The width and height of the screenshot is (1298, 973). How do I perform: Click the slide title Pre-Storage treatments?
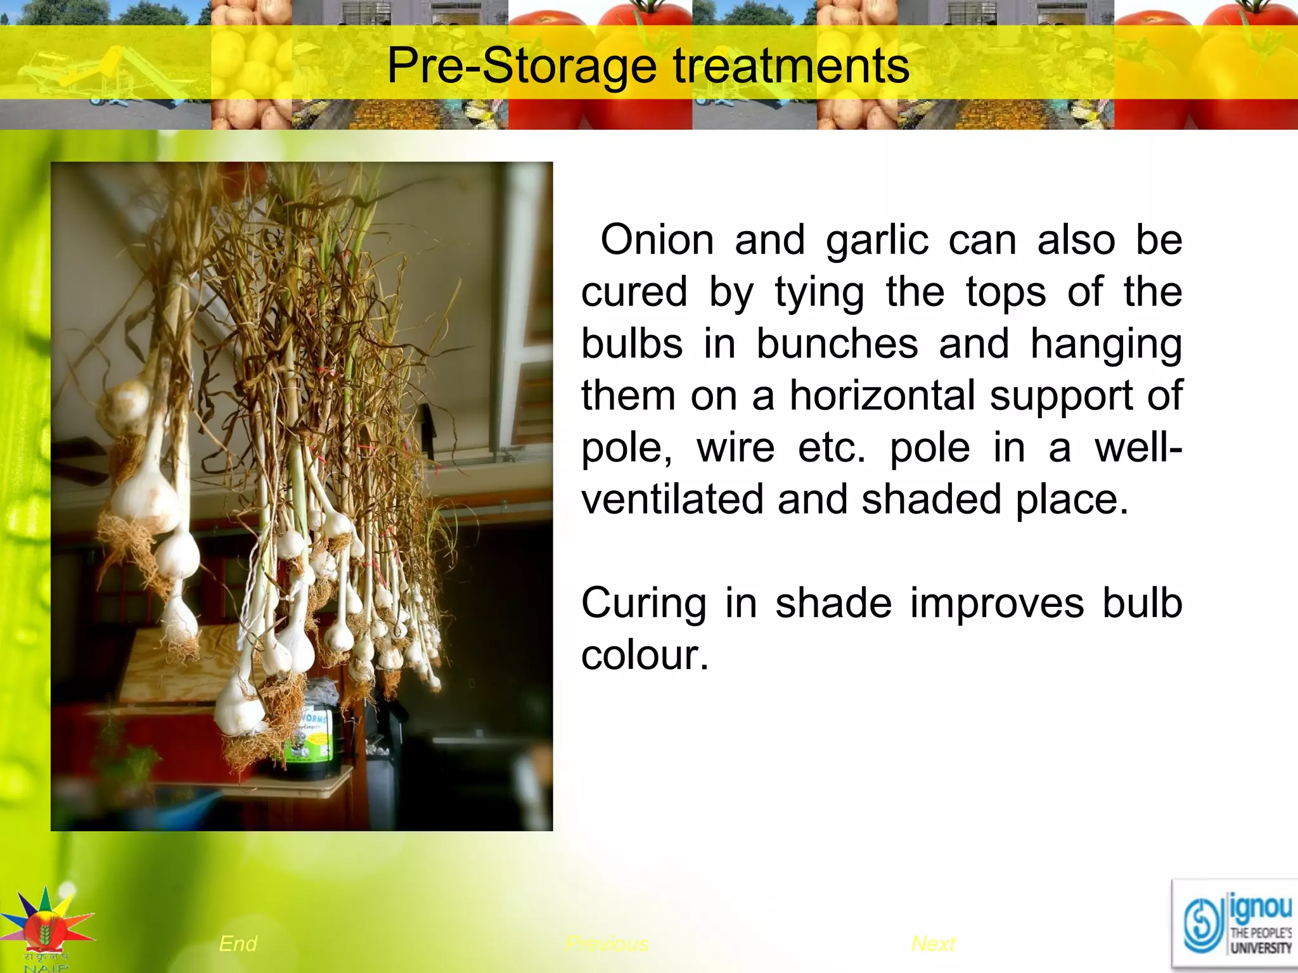pos(648,65)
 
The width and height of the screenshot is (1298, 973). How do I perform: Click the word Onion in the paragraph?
pos(657,240)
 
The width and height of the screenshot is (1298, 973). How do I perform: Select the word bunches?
pos(837,344)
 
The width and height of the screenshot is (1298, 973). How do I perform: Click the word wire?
pos(735,448)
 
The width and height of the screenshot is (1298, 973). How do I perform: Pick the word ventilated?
pos(672,499)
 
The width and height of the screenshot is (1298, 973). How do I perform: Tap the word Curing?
pos(643,603)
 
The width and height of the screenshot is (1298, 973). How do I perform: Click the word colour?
pos(644,655)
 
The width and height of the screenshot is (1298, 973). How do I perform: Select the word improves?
pos(997,602)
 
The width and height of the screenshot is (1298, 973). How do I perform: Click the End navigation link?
pos(238,944)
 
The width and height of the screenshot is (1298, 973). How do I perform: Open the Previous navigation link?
pos(607,944)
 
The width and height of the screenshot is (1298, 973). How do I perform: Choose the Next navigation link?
pos(933,944)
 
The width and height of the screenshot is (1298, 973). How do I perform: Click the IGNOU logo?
pos(1235,925)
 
